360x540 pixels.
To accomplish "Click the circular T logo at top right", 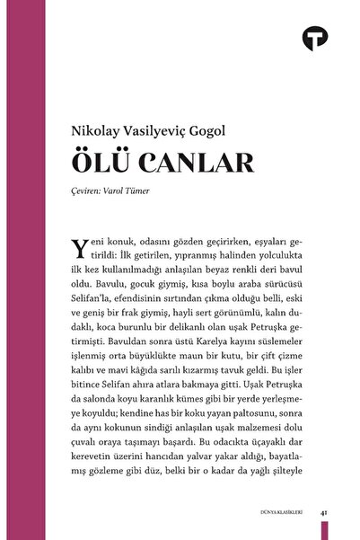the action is pyautogui.click(x=317, y=38).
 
